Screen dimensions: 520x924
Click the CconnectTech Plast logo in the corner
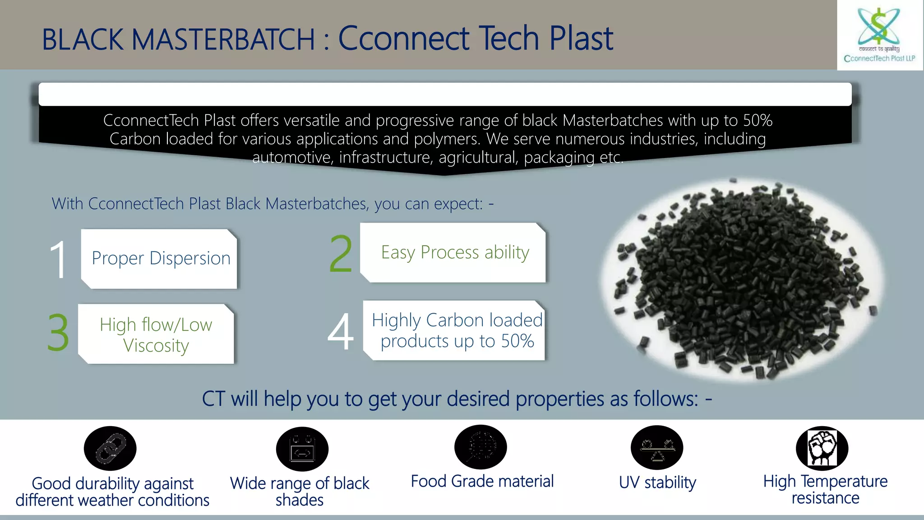click(879, 35)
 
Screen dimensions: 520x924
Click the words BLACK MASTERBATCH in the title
click(178, 40)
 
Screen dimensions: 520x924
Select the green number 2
click(341, 254)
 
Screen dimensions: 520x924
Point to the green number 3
click(58, 333)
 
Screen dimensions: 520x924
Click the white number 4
click(341, 332)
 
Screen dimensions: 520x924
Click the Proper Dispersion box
click(160, 259)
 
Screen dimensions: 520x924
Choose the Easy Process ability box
click(454, 253)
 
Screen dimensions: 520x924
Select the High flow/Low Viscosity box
click(156, 334)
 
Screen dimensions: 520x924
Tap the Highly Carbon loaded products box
click(456, 331)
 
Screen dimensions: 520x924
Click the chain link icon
click(110, 448)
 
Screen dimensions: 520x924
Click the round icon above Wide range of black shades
click(302, 449)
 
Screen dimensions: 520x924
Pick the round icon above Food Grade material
click(480, 447)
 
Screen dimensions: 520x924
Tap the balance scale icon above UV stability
click(657, 448)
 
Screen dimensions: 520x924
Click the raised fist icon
click(822, 448)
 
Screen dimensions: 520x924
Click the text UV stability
click(657, 483)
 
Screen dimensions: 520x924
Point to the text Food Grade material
click(482, 481)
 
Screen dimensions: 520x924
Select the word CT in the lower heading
click(213, 399)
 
